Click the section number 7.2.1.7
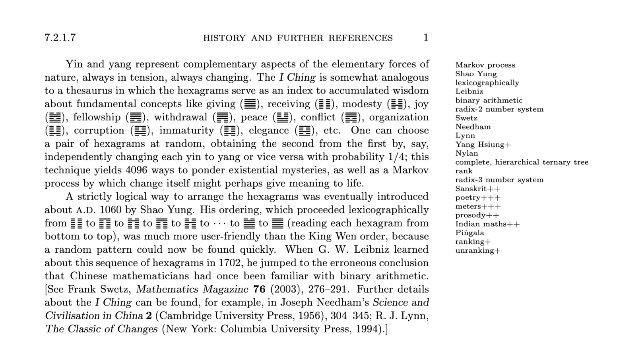pos(60,38)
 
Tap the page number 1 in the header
pos(426,38)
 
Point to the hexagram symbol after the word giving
pos(249,105)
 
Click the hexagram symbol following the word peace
pos(282,118)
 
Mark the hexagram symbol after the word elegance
pos(304,131)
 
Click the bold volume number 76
pos(259,289)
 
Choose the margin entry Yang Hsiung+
pos(483,145)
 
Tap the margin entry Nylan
pos(467,153)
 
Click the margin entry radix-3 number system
pos(499,180)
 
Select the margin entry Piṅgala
pos(469,232)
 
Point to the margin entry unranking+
pos(478,251)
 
